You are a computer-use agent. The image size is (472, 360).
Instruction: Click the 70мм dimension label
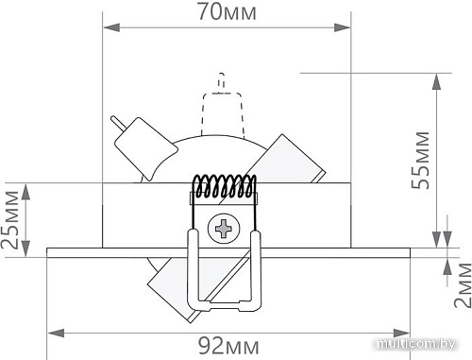click(227, 12)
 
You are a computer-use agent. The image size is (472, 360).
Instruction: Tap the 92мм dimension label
click(228, 346)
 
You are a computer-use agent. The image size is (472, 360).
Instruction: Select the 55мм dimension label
click(420, 161)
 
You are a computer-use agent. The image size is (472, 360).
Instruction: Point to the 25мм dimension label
click(10, 220)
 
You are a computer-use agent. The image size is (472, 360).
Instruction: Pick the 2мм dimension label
click(463, 284)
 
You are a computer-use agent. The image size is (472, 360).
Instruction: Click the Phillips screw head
click(224, 228)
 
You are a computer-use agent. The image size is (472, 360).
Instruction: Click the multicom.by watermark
click(416, 344)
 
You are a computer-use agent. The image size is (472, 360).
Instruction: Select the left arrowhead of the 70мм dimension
click(111, 27)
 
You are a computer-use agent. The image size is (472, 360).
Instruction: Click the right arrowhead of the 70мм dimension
click(342, 27)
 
